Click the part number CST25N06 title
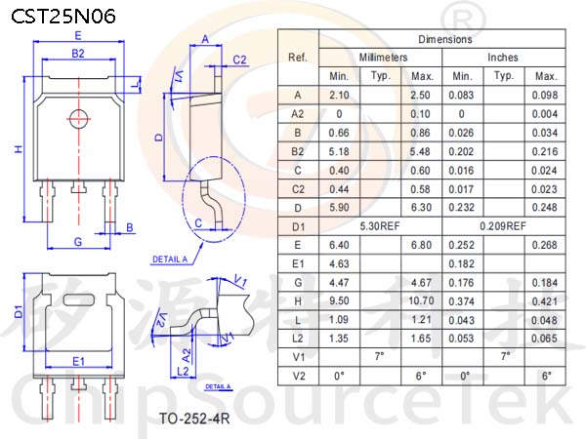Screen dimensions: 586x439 63,17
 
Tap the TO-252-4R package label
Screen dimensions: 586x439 194,419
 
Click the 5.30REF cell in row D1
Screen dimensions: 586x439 380,226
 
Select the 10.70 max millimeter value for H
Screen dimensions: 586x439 421,300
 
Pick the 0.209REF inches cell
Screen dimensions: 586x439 503,226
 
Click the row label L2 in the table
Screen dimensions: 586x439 298,339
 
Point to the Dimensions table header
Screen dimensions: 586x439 445,39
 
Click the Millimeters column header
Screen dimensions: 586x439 383,58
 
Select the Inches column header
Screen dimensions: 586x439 503,58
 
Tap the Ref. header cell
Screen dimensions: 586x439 298,58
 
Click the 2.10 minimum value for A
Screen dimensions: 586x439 339,96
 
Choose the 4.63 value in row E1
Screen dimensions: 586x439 339,264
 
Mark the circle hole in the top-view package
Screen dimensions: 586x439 79,119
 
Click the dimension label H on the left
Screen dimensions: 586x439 19,149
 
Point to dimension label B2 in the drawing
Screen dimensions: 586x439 78,54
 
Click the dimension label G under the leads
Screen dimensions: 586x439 78,242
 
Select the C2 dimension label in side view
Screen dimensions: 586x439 239,60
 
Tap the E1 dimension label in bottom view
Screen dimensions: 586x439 78,361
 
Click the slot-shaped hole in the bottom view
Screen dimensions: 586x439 79,299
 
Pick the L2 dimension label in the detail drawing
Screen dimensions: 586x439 183,371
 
